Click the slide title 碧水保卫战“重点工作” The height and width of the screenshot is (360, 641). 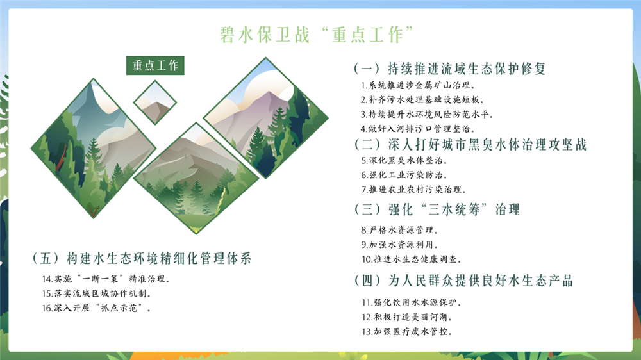(317, 35)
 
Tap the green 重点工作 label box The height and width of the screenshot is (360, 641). (155, 65)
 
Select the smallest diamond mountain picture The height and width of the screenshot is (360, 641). (155, 102)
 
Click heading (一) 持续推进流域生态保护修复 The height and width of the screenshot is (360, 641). (450, 69)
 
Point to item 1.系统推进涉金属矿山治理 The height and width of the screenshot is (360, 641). (417, 85)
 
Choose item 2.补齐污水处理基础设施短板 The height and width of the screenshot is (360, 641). (422, 100)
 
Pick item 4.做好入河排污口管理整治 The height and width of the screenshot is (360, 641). (417, 129)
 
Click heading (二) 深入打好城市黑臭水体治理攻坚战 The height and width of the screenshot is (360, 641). (470, 144)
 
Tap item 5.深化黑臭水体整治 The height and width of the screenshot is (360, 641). (404, 160)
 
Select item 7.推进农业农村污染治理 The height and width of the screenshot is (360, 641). (413, 189)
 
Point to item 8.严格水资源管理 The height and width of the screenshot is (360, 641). (399, 230)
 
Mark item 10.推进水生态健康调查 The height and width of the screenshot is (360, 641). (412, 259)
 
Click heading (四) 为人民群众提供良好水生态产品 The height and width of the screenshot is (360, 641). (463, 281)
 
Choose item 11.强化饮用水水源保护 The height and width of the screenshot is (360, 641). (412, 302)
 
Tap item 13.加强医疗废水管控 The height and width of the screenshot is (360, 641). (407, 331)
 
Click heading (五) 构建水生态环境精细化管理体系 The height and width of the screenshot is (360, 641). (142, 258)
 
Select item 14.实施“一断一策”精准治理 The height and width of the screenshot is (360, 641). (106, 279)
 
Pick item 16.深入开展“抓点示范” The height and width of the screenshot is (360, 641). (97, 307)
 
